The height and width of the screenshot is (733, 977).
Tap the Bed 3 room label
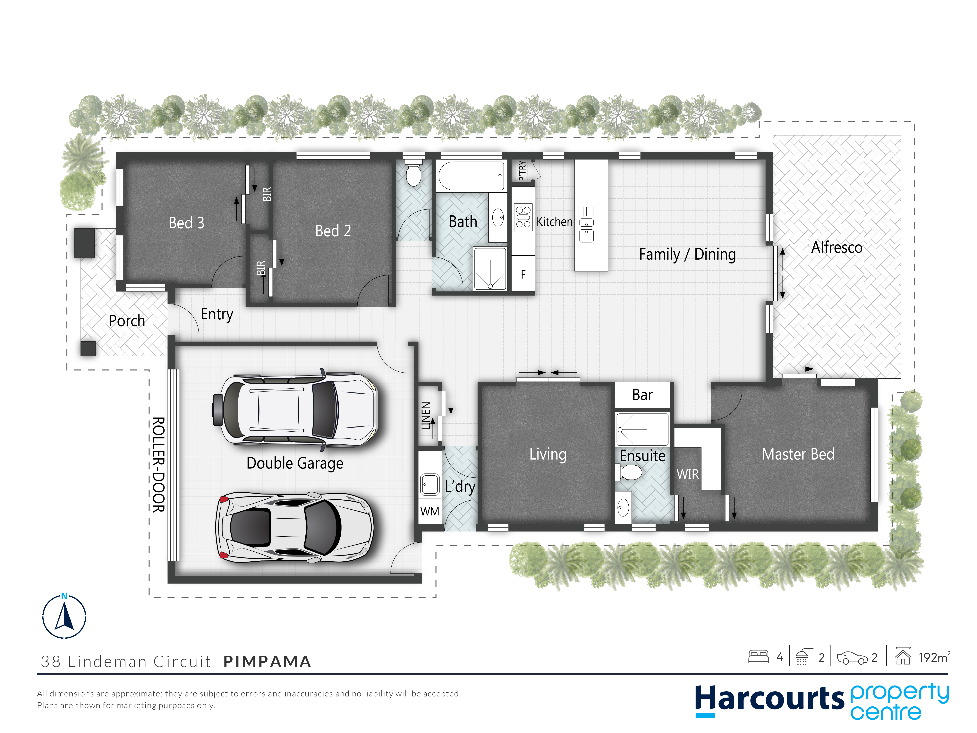pos(186,223)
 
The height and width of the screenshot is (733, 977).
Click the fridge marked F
pos(523,274)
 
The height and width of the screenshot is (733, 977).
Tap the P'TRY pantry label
pos(522,171)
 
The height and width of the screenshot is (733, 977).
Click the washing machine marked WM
pos(430,511)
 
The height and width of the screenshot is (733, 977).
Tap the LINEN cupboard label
pos(425,416)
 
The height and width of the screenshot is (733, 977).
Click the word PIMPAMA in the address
pos(267,661)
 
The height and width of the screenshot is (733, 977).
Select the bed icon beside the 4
pos(758,657)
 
